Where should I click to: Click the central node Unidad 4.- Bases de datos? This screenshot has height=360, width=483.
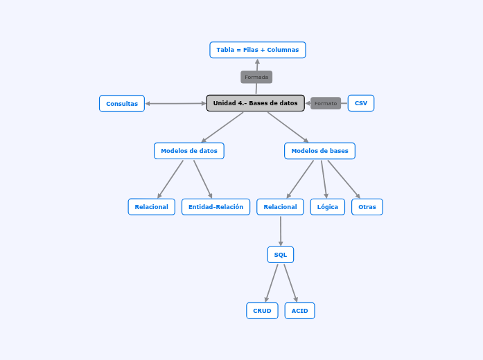pyautogui.click(x=255, y=103)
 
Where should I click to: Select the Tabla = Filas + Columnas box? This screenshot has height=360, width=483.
pyautogui.click(x=257, y=50)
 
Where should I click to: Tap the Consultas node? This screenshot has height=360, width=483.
pyautogui.click(x=122, y=104)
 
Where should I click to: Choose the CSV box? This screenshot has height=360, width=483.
pyautogui.click(x=360, y=103)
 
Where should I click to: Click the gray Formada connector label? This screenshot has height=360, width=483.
pyautogui.click(x=256, y=77)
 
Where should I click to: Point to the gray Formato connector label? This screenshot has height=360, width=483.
pyautogui.click(x=326, y=103)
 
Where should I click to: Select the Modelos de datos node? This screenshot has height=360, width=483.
pyautogui.click(x=188, y=151)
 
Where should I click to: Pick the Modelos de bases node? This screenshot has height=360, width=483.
pyautogui.click(x=319, y=151)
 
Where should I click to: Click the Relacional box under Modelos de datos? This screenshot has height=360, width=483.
pyautogui.click(x=151, y=207)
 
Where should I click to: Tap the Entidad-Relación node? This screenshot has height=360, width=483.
pyautogui.click(x=216, y=207)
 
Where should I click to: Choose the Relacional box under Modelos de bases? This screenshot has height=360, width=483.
pyautogui.click(x=280, y=207)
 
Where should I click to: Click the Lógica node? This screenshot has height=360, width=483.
pyautogui.click(x=327, y=207)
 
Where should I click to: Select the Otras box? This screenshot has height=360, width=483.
pyautogui.click(x=367, y=207)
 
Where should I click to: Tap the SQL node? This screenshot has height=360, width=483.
pyautogui.click(x=280, y=255)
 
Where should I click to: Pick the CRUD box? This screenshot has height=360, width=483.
pyautogui.click(x=262, y=311)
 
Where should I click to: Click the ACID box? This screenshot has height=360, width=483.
pyautogui.click(x=299, y=311)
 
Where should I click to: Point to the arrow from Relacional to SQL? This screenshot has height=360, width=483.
pyautogui.click(x=281, y=231)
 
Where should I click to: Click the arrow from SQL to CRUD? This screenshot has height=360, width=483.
pyautogui.click(x=272, y=282)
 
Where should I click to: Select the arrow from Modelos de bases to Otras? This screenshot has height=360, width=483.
pyautogui.click(x=344, y=179)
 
